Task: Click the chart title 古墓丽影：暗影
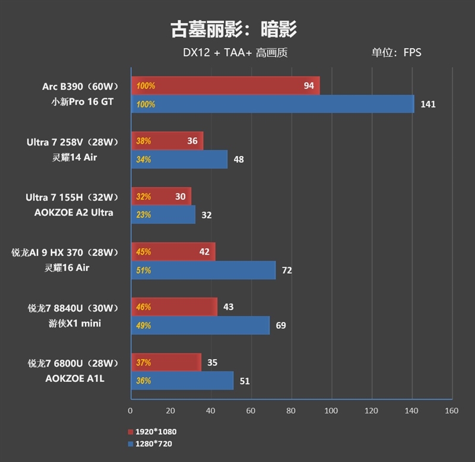233,29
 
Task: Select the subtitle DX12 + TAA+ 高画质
235,52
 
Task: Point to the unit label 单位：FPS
396,52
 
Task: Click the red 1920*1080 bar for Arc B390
225,86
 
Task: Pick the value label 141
427,104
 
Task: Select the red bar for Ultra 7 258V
167,141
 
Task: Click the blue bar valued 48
179,159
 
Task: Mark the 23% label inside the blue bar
144,215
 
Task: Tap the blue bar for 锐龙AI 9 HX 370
203,270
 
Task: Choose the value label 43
228,307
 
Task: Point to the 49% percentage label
144,325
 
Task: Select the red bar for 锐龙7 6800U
166,362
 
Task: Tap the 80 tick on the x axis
291,410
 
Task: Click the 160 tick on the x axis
451,410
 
